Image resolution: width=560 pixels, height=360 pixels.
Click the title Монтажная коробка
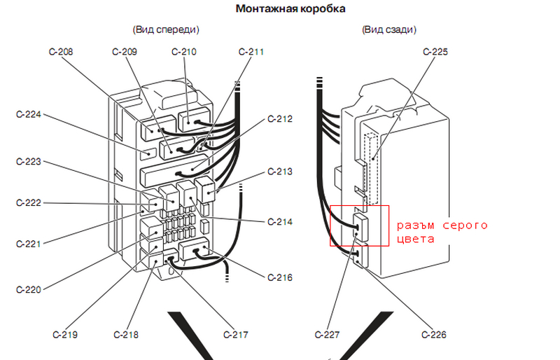click(x=289, y=9)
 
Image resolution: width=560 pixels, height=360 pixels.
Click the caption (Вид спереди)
click(x=165, y=29)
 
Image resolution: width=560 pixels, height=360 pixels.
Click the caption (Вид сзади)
click(x=390, y=29)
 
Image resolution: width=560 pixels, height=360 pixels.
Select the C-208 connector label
click(x=62, y=52)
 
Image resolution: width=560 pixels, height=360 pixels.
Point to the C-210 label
click(x=184, y=52)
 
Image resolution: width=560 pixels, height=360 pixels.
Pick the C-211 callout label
click(x=251, y=52)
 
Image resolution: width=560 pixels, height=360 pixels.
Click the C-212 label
click(x=280, y=118)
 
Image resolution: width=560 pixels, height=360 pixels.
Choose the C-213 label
click(x=280, y=172)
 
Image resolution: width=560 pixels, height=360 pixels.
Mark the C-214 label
click(x=280, y=222)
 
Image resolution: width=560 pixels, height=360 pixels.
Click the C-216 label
click(x=280, y=277)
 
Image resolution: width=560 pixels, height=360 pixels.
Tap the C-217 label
click(x=236, y=335)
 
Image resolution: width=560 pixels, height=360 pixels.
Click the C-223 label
click(x=29, y=162)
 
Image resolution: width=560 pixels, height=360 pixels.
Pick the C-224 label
click(x=29, y=113)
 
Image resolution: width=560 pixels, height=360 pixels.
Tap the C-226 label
click(x=434, y=335)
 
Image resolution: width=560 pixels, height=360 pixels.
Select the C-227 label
click(x=328, y=335)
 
